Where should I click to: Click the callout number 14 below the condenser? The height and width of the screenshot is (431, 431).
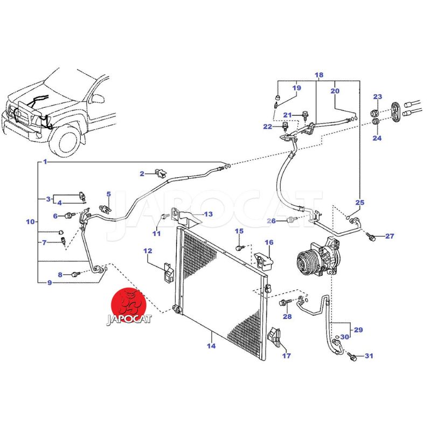211,346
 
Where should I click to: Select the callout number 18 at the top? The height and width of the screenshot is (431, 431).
318,75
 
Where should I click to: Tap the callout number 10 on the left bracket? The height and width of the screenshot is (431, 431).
31,221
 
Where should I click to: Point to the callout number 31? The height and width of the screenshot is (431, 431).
369,356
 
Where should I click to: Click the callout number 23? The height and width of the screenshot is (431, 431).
378,97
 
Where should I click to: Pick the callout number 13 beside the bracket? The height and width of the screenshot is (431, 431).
208,214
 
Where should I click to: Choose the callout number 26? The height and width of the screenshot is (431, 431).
273,221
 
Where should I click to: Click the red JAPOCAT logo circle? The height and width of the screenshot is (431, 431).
129,302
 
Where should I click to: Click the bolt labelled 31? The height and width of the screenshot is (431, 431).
353,356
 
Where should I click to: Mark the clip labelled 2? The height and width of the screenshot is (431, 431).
159,173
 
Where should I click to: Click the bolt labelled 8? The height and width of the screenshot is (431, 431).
75,275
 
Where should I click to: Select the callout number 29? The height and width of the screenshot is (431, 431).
358,329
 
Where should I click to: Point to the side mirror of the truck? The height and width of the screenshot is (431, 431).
100,99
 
